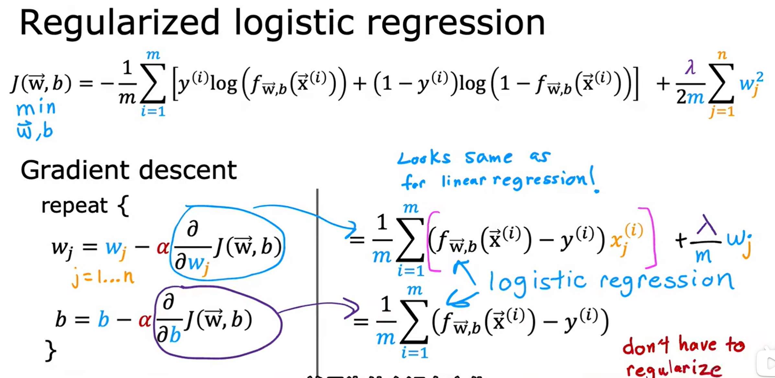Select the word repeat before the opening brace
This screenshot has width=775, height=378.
pos(74,206)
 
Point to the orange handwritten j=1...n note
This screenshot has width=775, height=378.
pos(103,277)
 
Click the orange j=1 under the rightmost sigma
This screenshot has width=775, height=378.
pos(722,112)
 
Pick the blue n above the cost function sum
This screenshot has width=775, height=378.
pos(722,55)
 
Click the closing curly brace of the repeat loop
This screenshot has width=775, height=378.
pos(51,350)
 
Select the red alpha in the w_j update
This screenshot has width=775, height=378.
pos(163,248)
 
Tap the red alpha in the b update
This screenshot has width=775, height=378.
pos(144,320)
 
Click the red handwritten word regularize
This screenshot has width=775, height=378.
pos(673,369)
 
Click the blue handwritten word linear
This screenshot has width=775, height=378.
pos(464,181)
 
